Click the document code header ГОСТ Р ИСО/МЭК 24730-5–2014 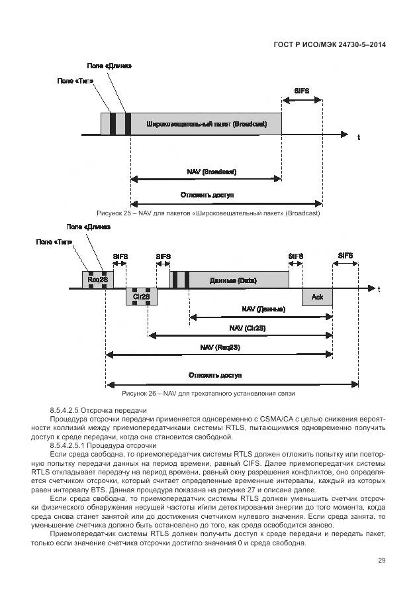click(x=329, y=44)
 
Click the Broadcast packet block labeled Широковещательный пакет click(x=206, y=124)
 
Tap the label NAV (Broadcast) click(x=212, y=172)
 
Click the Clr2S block click(x=140, y=296)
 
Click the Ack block click(x=317, y=297)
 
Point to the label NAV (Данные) click(x=263, y=309)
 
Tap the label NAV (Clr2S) click(x=242, y=328)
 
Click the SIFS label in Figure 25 click(x=301, y=90)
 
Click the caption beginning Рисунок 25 click(x=208, y=213)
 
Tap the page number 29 click(x=381, y=561)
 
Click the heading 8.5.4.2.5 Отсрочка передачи click(x=97, y=411)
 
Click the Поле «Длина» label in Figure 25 click(x=109, y=66)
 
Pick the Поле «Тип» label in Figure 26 click(x=54, y=242)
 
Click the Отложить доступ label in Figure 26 click(x=215, y=375)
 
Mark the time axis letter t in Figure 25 click(x=358, y=137)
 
